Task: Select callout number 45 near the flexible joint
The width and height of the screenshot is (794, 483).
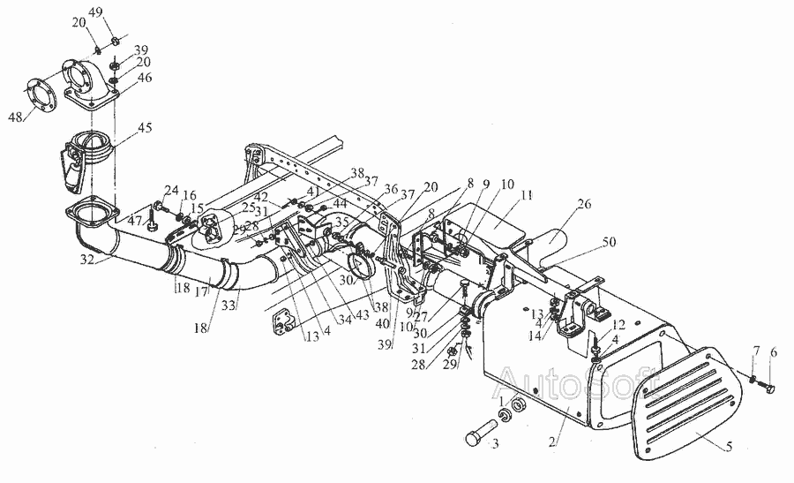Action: (145, 128)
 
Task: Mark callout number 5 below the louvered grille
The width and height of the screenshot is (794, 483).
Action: (729, 448)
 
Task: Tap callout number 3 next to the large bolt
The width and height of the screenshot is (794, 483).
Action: (496, 443)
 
